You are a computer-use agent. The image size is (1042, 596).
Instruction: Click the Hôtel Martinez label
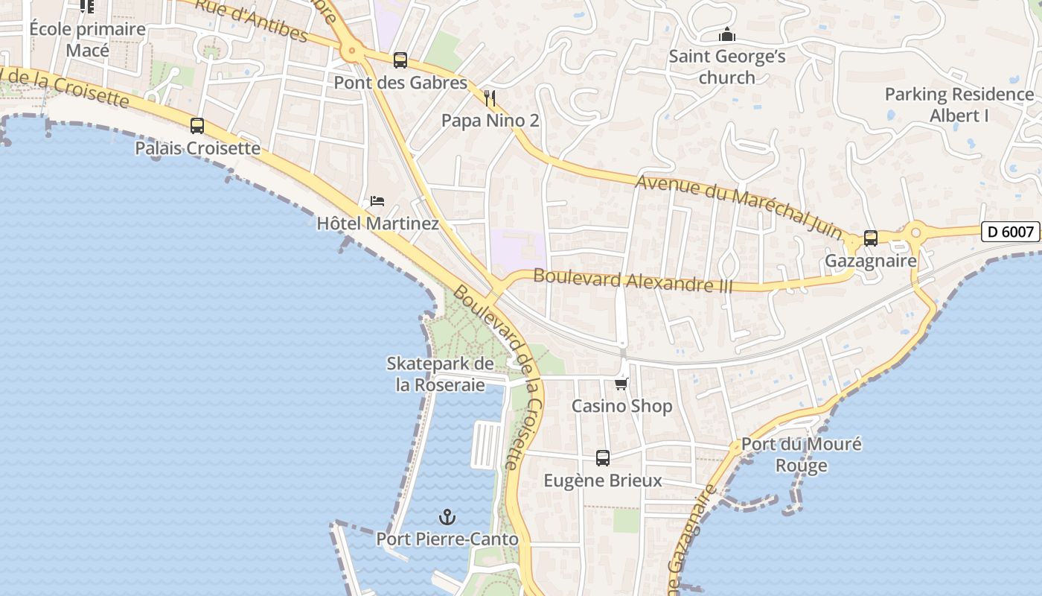tap(377, 223)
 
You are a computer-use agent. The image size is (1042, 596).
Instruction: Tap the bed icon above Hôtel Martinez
tap(377, 201)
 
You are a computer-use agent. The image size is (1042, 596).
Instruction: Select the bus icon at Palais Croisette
tap(197, 126)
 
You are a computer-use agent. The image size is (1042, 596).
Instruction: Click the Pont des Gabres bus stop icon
tap(400, 60)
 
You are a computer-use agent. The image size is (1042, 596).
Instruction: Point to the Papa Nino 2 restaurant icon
tap(490, 98)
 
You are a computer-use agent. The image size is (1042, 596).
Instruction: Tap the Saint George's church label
tap(726, 67)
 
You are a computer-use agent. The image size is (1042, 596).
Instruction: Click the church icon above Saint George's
tap(727, 35)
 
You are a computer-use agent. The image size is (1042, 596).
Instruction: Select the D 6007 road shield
tap(1010, 232)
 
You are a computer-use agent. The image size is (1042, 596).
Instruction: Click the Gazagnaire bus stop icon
tap(871, 238)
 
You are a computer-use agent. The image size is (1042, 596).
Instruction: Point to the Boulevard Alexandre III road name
tap(633, 280)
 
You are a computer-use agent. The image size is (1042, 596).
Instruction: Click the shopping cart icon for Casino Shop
tap(621, 384)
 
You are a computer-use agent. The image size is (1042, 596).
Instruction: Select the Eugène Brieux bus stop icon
tap(603, 457)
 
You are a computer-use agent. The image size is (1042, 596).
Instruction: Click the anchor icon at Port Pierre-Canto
tap(447, 516)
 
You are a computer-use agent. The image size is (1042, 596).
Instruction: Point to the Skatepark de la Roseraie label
tap(440, 374)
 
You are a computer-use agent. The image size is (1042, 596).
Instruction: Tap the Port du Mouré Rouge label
tap(801, 454)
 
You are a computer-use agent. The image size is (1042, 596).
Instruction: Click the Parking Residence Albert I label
tap(959, 105)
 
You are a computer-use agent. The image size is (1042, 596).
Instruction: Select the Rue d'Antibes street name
tap(252, 20)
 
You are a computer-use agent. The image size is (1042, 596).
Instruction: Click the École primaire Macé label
tap(87, 39)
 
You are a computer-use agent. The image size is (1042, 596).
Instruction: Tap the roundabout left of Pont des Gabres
tap(351, 52)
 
